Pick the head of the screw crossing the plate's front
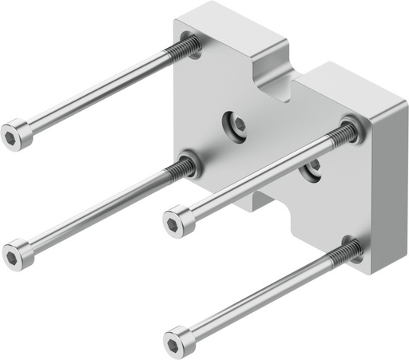[x=178, y=218]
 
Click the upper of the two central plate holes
[x=236, y=122]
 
